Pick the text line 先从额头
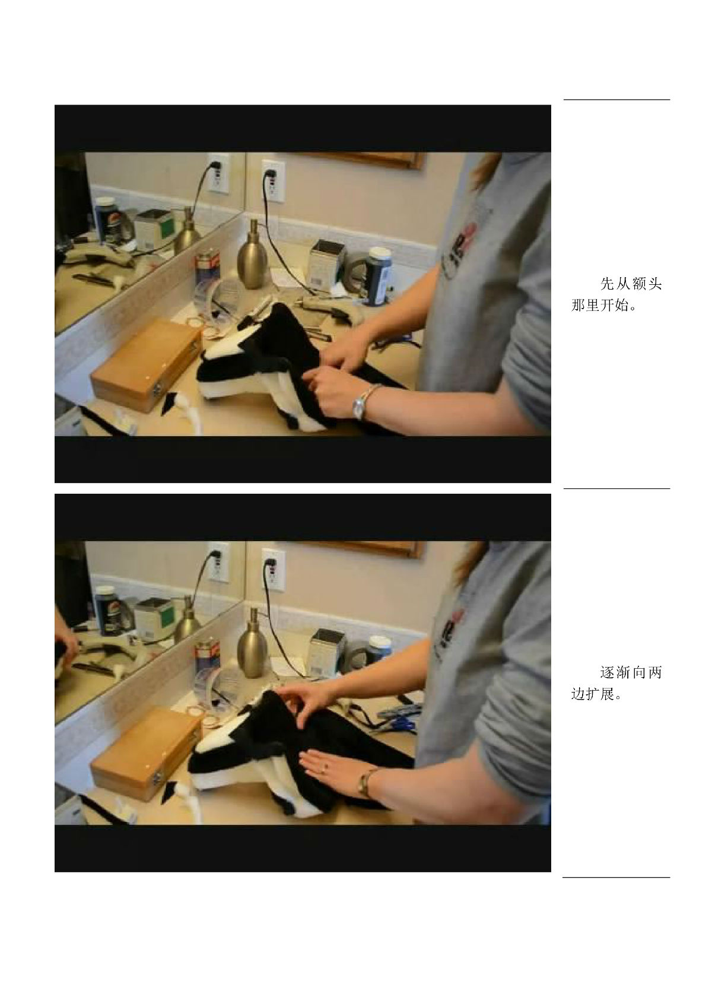pos(631,284)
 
